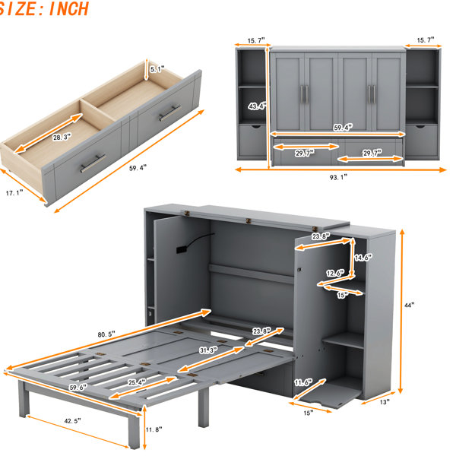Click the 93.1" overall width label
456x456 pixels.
click(338, 177)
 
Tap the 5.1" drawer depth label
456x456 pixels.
click(157, 69)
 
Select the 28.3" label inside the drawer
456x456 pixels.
click(62, 138)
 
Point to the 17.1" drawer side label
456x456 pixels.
click(14, 193)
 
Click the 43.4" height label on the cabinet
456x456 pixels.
click(258, 106)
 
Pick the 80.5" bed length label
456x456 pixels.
click(106, 334)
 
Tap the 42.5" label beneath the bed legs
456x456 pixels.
click(72, 421)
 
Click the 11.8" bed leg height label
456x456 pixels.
click(154, 429)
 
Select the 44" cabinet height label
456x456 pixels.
click(409, 305)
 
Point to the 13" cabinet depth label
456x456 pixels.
click(385, 402)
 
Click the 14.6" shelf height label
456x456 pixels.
click(363, 258)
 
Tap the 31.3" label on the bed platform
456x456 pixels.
click(208, 350)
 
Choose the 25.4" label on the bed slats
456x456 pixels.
click(137, 382)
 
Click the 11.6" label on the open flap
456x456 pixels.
click(303, 382)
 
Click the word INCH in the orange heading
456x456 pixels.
click(68, 8)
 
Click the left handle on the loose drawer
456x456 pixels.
click(93, 163)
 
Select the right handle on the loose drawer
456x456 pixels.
click(169, 113)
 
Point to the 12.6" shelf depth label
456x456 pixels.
click(335, 273)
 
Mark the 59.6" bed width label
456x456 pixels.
click(78, 388)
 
